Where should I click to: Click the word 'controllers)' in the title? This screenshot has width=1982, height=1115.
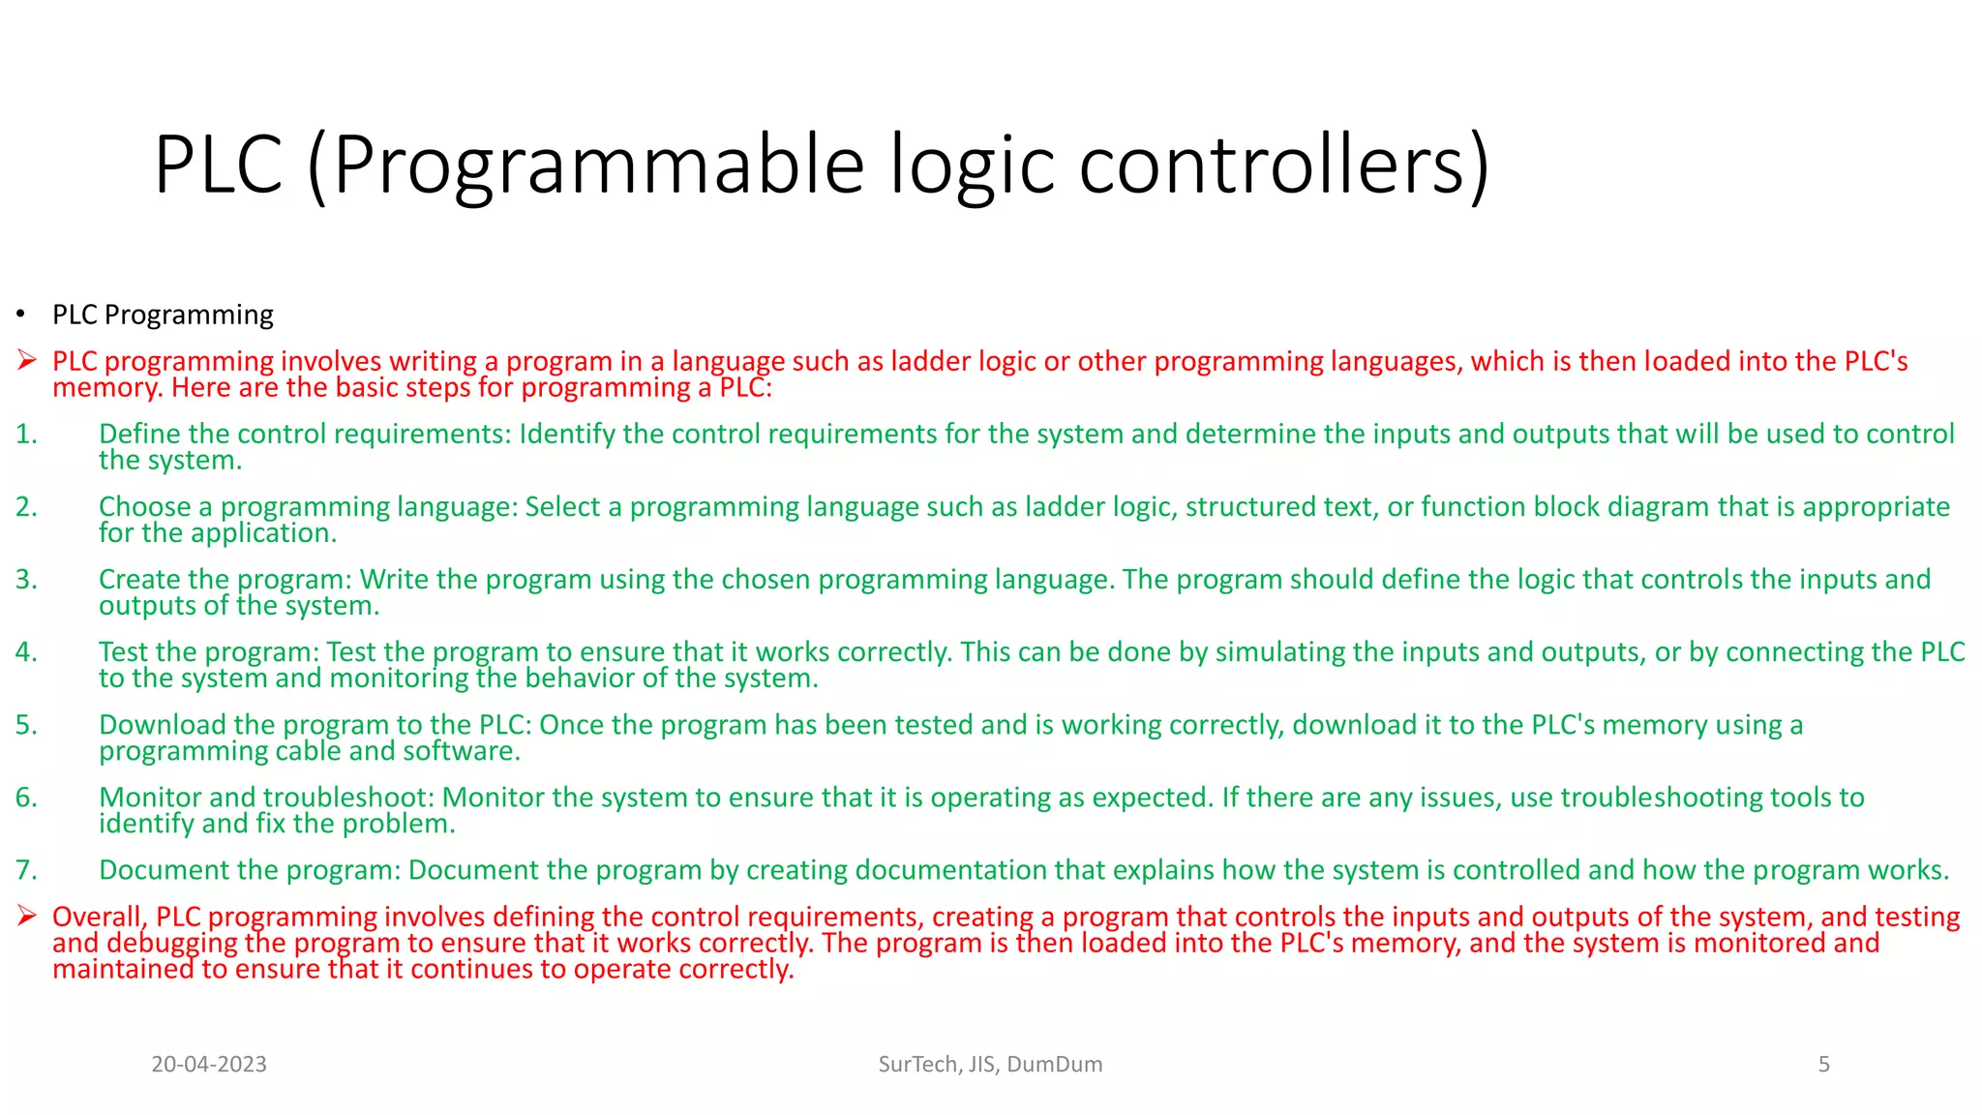coord(1283,165)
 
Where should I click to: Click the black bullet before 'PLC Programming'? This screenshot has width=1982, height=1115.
coord(19,315)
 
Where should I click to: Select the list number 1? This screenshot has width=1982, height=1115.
coord(26,435)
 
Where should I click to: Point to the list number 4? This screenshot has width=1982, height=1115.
coord(26,652)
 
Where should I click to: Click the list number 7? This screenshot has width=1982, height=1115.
coord(26,870)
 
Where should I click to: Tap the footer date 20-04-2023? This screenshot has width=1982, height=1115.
coord(209,1065)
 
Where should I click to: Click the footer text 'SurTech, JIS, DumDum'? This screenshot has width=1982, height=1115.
coord(990,1065)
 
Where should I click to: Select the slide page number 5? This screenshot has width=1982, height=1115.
coord(1823,1065)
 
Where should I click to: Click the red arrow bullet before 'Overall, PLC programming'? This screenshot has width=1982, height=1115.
coord(26,916)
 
